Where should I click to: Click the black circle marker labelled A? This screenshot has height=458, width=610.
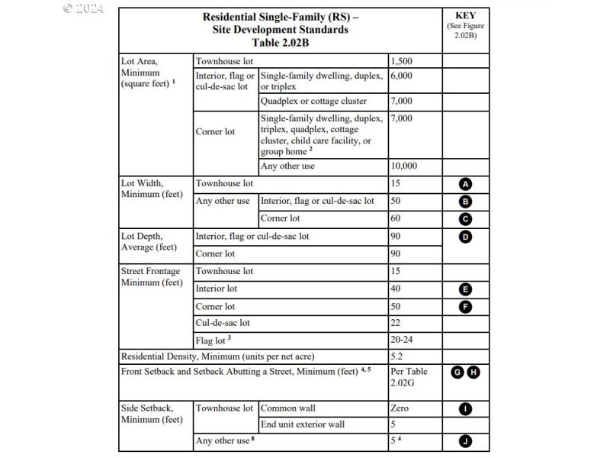click(x=466, y=184)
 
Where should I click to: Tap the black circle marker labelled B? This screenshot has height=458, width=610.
click(x=466, y=202)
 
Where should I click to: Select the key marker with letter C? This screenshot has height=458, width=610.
click(x=466, y=219)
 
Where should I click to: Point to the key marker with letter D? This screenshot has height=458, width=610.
click(x=466, y=237)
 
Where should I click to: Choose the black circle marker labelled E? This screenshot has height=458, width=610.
click(x=466, y=289)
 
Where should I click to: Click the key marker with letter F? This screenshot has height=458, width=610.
click(x=466, y=307)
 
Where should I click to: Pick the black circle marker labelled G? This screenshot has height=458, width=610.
click(x=457, y=372)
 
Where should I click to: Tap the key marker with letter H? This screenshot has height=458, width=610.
click(x=474, y=372)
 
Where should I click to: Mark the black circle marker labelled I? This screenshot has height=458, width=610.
click(x=466, y=409)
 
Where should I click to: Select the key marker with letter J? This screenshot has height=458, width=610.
click(x=466, y=440)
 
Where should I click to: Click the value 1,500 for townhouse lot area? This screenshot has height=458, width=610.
click(x=402, y=61)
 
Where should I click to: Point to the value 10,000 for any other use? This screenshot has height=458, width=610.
click(x=404, y=166)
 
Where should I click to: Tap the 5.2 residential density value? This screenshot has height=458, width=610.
click(x=397, y=356)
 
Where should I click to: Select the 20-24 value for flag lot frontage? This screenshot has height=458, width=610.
click(x=403, y=340)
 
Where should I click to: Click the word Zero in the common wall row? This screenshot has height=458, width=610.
click(x=400, y=408)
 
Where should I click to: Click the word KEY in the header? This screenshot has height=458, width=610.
click(x=466, y=15)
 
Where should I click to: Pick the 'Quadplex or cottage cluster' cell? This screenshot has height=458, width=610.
click(x=313, y=102)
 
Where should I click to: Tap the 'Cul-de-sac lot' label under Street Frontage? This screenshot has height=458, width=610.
click(x=223, y=323)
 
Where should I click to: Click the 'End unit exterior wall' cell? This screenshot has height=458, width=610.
click(x=303, y=424)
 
